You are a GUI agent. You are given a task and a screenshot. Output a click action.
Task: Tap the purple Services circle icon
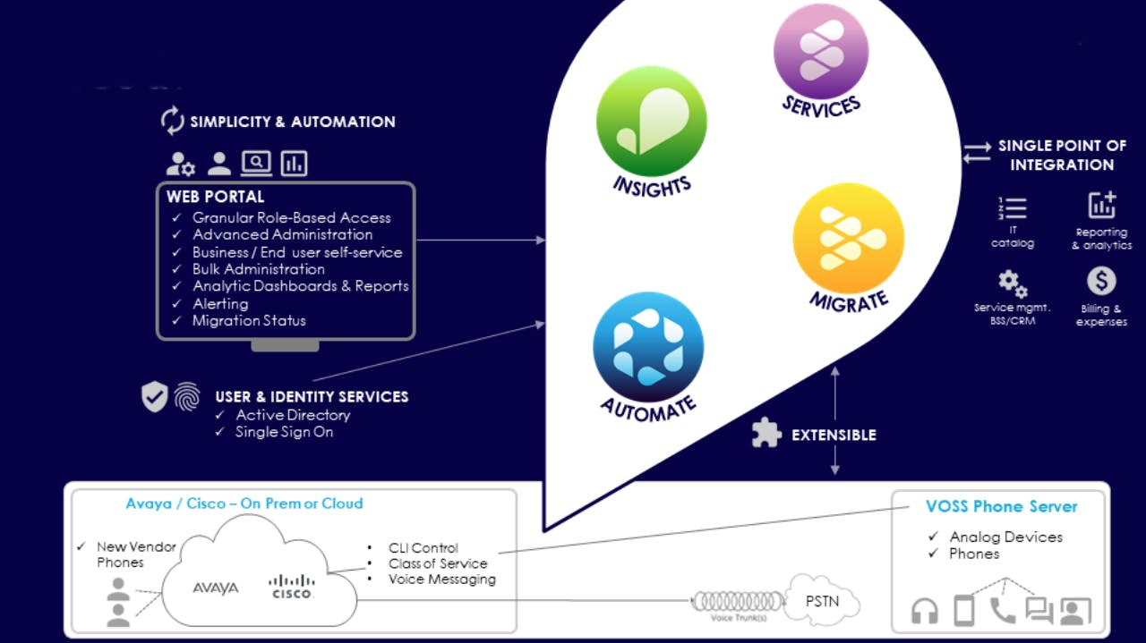click(820, 51)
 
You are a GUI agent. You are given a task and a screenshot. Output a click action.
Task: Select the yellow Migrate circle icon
click(848, 238)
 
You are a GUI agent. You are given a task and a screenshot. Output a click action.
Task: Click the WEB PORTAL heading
click(216, 197)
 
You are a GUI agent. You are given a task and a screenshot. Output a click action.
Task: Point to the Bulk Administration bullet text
click(259, 269)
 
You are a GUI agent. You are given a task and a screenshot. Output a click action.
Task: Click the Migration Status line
click(249, 321)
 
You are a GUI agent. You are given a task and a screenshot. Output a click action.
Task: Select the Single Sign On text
click(284, 432)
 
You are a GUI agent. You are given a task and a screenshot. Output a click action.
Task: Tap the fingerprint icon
click(187, 397)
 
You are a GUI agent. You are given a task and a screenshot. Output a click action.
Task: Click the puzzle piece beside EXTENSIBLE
click(765, 435)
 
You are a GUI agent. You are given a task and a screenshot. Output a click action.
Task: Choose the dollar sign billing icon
click(1101, 282)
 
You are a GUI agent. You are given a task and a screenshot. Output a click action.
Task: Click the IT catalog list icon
click(1013, 207)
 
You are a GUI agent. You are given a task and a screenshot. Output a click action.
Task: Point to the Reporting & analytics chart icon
click(1102, 205)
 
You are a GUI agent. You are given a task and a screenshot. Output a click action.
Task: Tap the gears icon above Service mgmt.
click(1013, 283)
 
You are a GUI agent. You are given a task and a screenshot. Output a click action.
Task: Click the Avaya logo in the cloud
click(216, 588)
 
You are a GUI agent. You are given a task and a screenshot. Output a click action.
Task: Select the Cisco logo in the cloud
click(292, 587)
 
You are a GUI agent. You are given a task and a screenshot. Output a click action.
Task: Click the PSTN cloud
click(822, 601)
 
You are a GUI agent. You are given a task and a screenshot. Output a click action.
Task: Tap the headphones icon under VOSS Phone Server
click(925, 611)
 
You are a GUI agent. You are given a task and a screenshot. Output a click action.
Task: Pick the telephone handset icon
click(1002, 610)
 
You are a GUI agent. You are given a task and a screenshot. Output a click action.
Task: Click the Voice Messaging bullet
click(441, 580)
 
